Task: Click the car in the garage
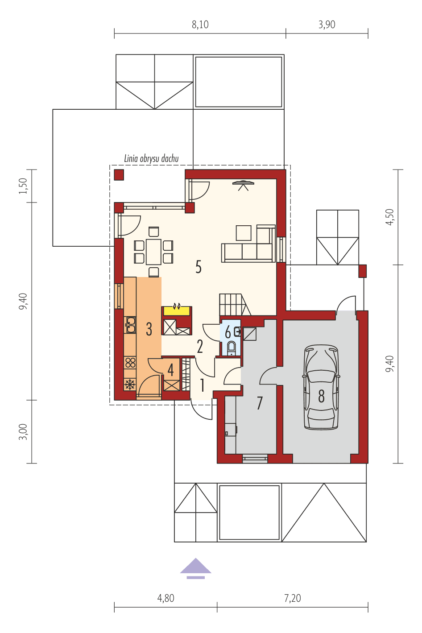tap(320, 387)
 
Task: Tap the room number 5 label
tap(199, 267)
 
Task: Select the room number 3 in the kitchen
tap(149, 329)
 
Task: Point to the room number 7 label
tap(260, 403)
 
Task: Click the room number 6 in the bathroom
tap(228, 333)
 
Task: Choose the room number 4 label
tap(170, 369)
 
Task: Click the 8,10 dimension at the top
tap(200, 25)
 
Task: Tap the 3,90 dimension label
tap(327, 25)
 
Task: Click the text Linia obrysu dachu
tap(151, 159)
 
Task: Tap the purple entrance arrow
tap(195, 567)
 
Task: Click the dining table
tap(153, 252)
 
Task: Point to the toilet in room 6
tap(232, 348)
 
